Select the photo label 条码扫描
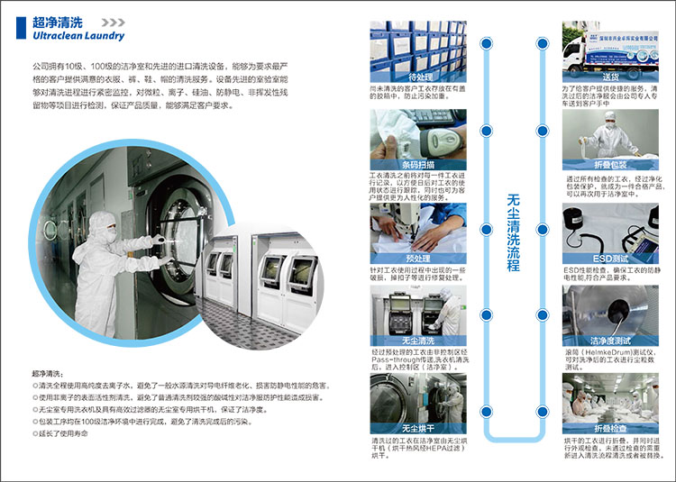(418, 164)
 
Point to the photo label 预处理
(418, 258)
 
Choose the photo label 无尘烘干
(418, 428)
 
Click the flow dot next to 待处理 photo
(487, 42)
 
